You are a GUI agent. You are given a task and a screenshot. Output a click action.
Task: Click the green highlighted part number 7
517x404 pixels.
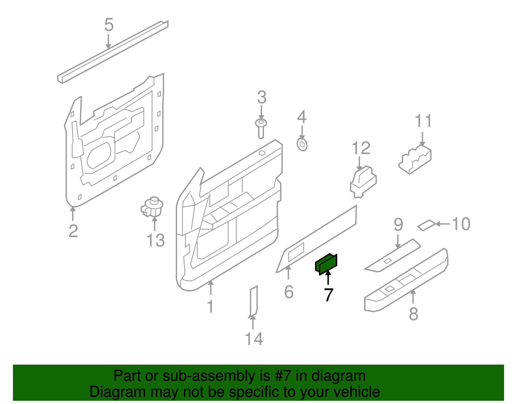[x=326, y=264]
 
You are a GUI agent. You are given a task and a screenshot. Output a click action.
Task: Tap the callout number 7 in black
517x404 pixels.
[x=328, y=295]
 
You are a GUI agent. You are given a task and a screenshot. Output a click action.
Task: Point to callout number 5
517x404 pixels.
[x=109, y=25]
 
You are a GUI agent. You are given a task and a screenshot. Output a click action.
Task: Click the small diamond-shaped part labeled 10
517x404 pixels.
[x=426, y=225]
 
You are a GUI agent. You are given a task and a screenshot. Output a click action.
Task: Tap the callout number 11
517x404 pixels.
[x=423, y=121]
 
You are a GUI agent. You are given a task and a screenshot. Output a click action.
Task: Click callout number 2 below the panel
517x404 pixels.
[x=73, y=231]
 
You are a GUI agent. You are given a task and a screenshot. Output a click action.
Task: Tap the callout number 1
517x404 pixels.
[x=210, y=306]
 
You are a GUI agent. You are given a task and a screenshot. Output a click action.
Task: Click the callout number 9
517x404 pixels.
[x=398, y=224]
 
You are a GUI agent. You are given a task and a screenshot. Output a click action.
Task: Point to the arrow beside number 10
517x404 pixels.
[x=443, y=224]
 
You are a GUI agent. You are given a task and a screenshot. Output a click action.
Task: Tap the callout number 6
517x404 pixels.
[x=289, y=292]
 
